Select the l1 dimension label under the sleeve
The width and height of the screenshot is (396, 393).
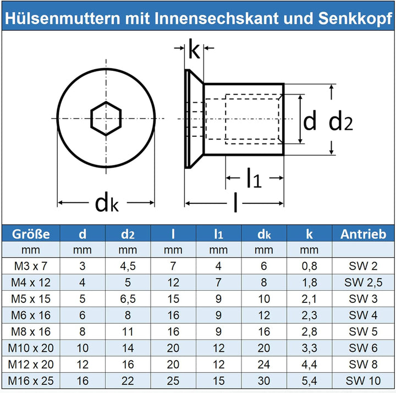(x=253, y=179)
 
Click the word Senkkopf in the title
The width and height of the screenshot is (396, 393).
(x=356, y=18)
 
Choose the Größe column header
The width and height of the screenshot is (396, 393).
(x=31, y=234)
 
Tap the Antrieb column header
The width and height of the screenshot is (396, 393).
(x=364, y=234)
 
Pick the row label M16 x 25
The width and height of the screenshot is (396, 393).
(x=31, y=381)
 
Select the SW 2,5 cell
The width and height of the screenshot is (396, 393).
(x=364, y=283)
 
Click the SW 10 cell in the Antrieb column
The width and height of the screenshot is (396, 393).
(x=364, y=381)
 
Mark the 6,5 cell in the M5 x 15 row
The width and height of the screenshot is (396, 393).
(x=128, y=300)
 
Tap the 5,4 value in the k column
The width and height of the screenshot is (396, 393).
(x=310, y=381)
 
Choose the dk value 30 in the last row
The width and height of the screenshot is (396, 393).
(x=265, y=381)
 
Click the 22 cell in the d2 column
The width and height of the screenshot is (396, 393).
(x=128, y=381)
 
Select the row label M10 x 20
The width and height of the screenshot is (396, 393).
(x=31, y=348)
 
